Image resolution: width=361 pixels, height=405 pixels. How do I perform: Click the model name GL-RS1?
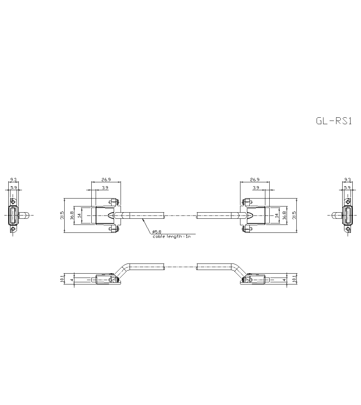[x=334, y=121]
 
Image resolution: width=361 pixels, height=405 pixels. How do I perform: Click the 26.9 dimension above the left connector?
[x=106, y=179]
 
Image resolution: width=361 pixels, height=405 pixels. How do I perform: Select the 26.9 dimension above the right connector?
[x=255, y=179]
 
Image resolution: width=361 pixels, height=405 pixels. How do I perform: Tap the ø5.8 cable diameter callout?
[x=157, y=231]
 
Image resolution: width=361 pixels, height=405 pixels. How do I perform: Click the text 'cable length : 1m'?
[x=171, y=236]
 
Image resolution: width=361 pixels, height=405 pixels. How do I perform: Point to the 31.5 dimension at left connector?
[x=62, y=215]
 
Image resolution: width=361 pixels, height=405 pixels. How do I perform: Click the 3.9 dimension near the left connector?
[x=105, y=188]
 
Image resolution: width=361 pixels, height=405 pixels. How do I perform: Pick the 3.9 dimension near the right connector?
[x=256, y=188]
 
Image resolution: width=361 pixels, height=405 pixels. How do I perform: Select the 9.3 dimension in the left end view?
[x=13, y=179]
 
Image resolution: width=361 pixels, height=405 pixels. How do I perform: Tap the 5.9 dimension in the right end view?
[x=347, y=188]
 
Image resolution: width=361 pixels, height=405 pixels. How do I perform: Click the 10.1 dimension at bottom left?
[x=62, y=279]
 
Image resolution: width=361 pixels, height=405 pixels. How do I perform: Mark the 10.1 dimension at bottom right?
[x=295, y=279]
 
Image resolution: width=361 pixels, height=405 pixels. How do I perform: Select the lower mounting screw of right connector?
[x=247, y=228]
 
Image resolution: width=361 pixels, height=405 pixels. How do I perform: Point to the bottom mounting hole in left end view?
[x=13, y=228]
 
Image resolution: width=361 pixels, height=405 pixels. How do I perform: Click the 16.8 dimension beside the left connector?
[x=72, y=215]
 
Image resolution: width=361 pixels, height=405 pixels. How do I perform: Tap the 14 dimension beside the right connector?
[x=277, y=215]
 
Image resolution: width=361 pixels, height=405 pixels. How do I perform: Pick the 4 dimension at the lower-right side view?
[x=284, y=279]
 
